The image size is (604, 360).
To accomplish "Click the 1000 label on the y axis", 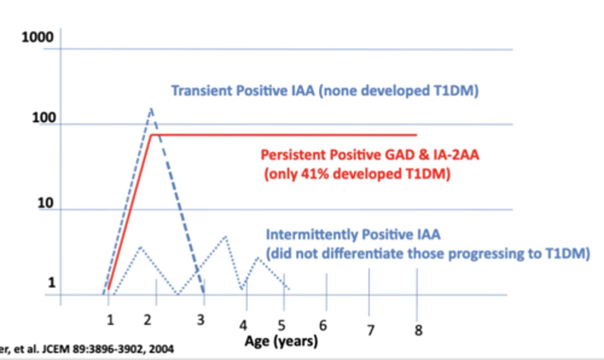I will pyautogui.click(x=37, y=37).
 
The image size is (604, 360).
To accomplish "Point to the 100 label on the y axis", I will pyautogui.click(x=44, y=117).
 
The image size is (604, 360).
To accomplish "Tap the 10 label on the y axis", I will pyautogui.click(x=46, y=203).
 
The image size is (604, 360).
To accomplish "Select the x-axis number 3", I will pyautogui.click(x=200, y=320).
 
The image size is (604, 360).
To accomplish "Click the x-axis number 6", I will pyautogui.click(x=323, y=325).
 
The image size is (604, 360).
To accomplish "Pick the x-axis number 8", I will pyautogui.click(x=418, y=330).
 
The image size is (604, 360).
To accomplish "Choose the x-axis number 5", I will pyautogui.click(x=281, y=325).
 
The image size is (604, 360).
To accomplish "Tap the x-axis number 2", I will pyautogui.click(x=147, y=320).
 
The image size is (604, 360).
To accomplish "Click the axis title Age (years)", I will pyautogui.click(x=281, y=341).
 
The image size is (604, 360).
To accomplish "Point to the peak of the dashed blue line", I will pyautogui.click(x=151, y=109).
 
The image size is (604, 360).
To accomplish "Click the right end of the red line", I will pyautogui.click(x=417, y=135).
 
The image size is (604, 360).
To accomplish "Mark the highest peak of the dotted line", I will pyautogui.click(x=226, y=237).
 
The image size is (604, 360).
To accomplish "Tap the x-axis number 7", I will pyautogui.click(x=370, y=330).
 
